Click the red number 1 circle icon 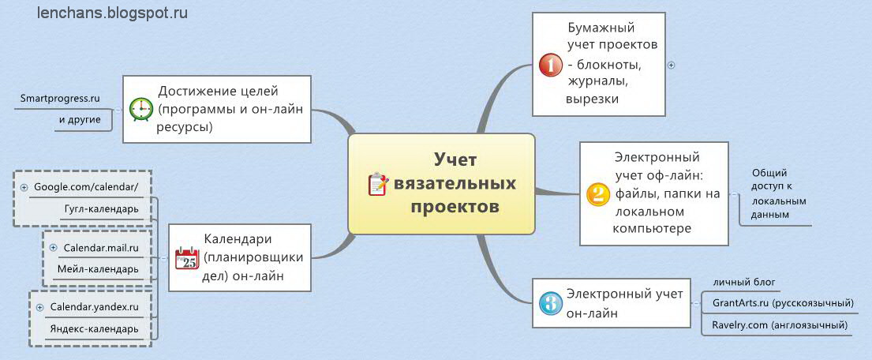click(x=550, y=65)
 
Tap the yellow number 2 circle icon click(x=597, y=194)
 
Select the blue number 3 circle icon click(x=550, y=302)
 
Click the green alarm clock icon click(x=141, y=108)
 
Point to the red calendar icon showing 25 click(x=186, y=257)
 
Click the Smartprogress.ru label click(x=60, y=99)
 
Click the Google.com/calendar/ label click(x=86, y=186)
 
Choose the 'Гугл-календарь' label click(x=102, y=208)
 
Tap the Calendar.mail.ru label click(x=101, y=247)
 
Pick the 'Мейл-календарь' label click(x=98, y=269)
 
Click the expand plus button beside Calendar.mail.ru click(x=53, y=247)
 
